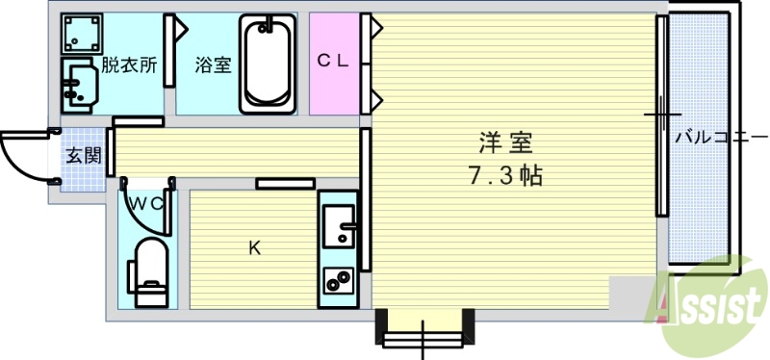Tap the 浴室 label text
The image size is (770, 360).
coord(211,66)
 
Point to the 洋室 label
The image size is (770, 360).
coord(506,142)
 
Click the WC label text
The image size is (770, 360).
coord(147,203)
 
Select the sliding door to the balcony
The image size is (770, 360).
coord(661,116)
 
